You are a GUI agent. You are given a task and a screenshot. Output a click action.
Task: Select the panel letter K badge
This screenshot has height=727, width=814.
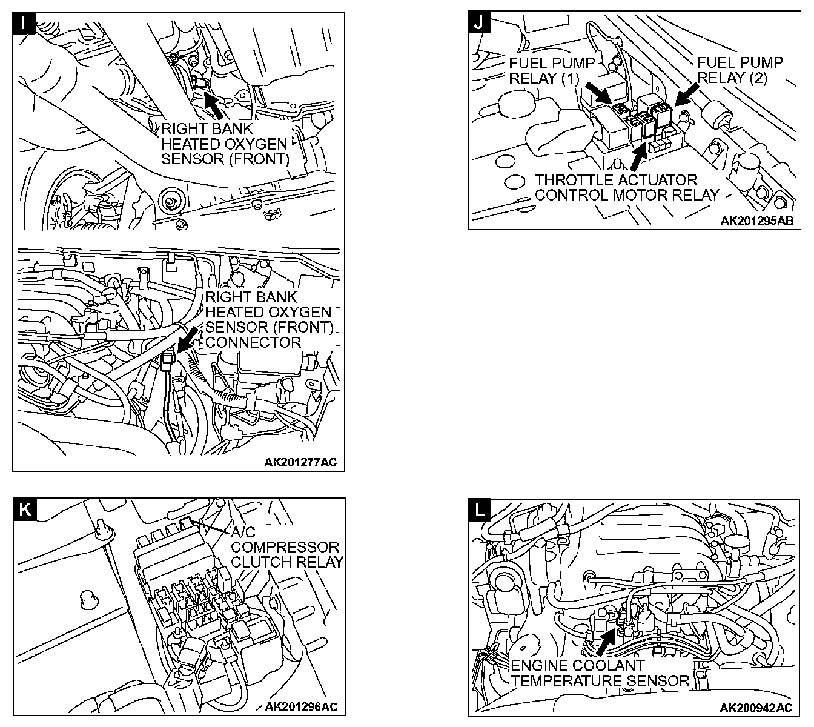pyautogui.click(x=24, y=509)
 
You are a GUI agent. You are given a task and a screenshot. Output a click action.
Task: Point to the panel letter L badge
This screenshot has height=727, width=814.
pyautogui.click(x=480, y=509)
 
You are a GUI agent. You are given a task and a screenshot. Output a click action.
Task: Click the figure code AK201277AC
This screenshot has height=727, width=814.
pyautogui.click(x=300, y=463)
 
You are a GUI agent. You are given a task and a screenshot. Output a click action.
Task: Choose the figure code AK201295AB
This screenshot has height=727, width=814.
pyautogui.click(x=756, y=221)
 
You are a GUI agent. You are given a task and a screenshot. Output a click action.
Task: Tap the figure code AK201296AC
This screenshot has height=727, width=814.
pyautogui.click(x=301, y=707)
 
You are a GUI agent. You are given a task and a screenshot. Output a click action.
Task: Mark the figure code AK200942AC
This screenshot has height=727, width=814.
pyautogui.click(x=756, y=707)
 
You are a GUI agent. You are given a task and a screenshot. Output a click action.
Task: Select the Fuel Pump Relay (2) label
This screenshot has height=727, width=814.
pyautogui.click(x=740, y=70)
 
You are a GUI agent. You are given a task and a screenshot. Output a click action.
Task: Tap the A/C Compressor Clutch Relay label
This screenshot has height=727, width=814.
pyautogui.click(x=286, y=546)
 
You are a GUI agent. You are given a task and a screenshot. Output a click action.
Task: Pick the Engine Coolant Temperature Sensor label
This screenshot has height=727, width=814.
pyautogui.click(x=600, y=672)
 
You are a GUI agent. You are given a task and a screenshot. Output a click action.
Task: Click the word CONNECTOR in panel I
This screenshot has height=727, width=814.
pyautogui.click(x=253, y=342)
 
